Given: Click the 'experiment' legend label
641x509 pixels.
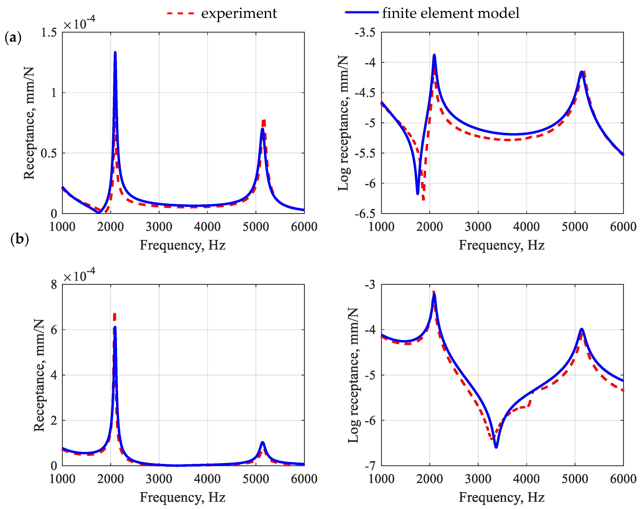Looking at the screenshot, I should [x=239, y=13].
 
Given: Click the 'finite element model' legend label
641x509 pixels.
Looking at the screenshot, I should [x=451, y=13].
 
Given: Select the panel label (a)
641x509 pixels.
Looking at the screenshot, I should [x=13, y=38].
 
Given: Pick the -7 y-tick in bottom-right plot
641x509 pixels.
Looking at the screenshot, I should [x=370, y=466].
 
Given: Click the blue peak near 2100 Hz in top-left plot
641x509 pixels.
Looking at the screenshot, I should [x=115, y=53].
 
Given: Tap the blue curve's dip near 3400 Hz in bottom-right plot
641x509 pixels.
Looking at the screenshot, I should [x=496, y=447].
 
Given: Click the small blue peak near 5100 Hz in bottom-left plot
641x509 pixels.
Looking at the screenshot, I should [x=263, y=443].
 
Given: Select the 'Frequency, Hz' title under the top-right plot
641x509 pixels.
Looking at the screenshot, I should [x=502, y=245].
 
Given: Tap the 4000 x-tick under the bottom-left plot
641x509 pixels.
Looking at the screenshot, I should [x=207, y=479].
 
